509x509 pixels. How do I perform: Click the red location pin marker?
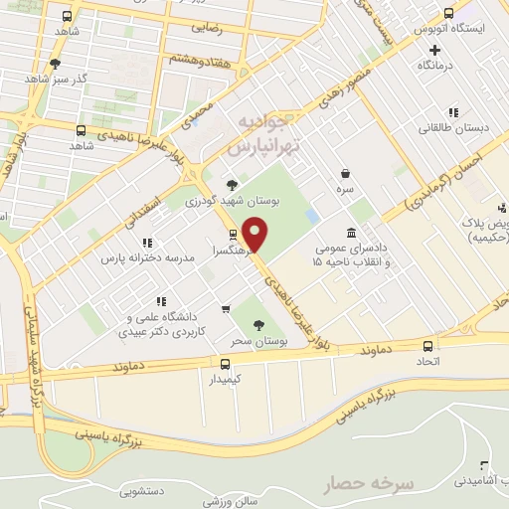tap(255, 235)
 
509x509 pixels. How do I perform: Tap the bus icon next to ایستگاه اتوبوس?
tap(449, 14)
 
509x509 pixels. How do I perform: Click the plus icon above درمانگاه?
tap(422, 49)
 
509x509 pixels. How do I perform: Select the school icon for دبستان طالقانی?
tap(453, 112)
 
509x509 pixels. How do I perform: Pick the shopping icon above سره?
tap(345, 172)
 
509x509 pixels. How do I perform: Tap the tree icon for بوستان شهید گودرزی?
tap(232, 184)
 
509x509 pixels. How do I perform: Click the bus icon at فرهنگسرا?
tap(233, 235)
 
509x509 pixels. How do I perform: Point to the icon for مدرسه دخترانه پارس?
tap(147, 242)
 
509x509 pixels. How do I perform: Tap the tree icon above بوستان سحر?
tap(258, 324)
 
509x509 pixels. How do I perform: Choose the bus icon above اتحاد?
tap(428, 345)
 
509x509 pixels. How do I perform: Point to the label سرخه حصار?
tap(368, 484)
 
